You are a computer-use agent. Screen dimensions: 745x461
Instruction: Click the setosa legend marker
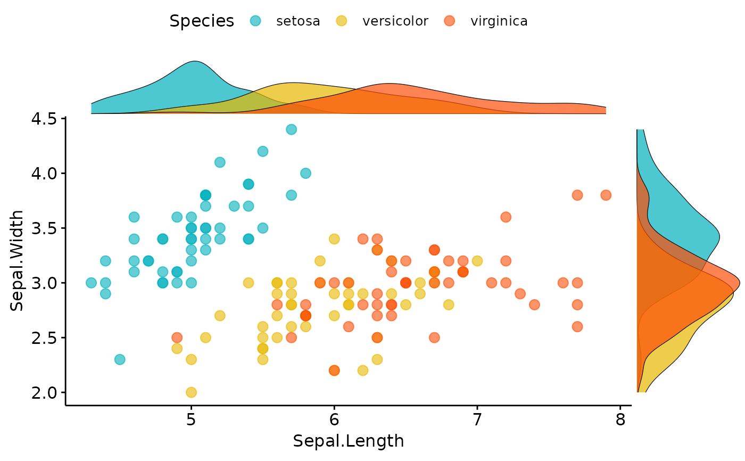255,21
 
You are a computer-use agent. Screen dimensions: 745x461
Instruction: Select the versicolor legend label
395,21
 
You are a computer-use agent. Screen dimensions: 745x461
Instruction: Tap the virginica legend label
499,21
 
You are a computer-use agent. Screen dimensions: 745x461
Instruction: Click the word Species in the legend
202,21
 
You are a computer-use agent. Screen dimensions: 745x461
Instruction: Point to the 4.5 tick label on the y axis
44,119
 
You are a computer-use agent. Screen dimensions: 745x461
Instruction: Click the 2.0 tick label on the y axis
44,393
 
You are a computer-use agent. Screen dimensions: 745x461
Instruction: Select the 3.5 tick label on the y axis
44,228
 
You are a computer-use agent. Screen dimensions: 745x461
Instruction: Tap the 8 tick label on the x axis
620,420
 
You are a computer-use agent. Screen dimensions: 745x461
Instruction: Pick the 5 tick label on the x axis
191,420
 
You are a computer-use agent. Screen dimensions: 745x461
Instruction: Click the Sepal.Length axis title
348,441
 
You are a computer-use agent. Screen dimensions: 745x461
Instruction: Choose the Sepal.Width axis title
16,261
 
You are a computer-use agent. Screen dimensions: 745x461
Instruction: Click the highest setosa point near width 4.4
292,129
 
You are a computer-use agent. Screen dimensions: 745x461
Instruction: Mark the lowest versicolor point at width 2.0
191,392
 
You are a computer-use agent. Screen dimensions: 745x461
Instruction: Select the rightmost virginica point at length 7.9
606,195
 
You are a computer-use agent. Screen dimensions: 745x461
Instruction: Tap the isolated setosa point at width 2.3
120,359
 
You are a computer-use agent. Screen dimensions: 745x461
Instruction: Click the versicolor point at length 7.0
477,261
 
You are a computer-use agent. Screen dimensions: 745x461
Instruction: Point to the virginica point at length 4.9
177,337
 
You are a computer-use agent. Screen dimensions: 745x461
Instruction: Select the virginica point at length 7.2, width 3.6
506,217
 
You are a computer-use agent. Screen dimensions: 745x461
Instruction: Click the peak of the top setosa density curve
195,61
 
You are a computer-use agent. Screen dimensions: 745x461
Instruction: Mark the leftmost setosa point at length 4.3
91,283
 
